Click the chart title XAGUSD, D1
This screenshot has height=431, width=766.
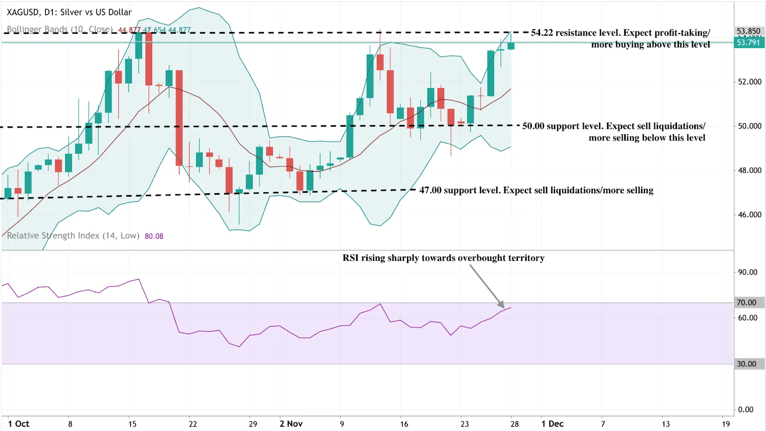click(69, 12)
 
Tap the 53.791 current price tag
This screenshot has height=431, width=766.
click(748, 42)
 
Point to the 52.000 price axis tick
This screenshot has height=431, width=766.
click(749, 82)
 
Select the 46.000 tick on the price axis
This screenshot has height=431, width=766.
click(749, 214)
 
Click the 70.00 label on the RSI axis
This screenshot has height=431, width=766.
click(747, 303)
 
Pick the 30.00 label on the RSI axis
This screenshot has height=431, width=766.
click(747, 364)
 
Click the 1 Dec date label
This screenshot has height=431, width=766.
click(552, 424)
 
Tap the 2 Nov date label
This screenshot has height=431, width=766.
click(291, 424)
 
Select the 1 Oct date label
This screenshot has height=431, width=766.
click(19, 424)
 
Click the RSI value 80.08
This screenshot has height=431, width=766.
click(154, 236)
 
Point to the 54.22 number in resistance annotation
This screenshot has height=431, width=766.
click(541, 33)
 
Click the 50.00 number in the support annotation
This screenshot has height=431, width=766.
click(533, 126)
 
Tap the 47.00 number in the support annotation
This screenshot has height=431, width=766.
click(430, 190)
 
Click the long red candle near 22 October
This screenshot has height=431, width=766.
click(179, 117)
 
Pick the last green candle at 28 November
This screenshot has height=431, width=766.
click(511, 46)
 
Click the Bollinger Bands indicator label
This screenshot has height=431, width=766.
click(59, 29)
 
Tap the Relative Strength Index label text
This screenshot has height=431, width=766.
click(73, 235)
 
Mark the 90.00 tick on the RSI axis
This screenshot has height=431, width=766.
click(747, 272)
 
